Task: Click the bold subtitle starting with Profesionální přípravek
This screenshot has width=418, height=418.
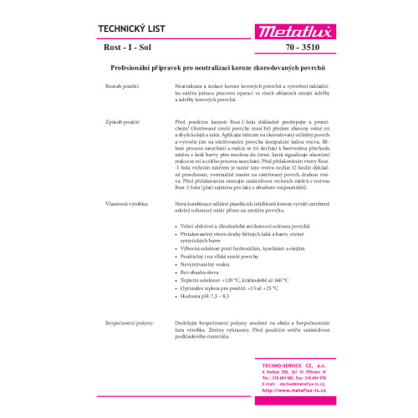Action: tap(208, 66)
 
